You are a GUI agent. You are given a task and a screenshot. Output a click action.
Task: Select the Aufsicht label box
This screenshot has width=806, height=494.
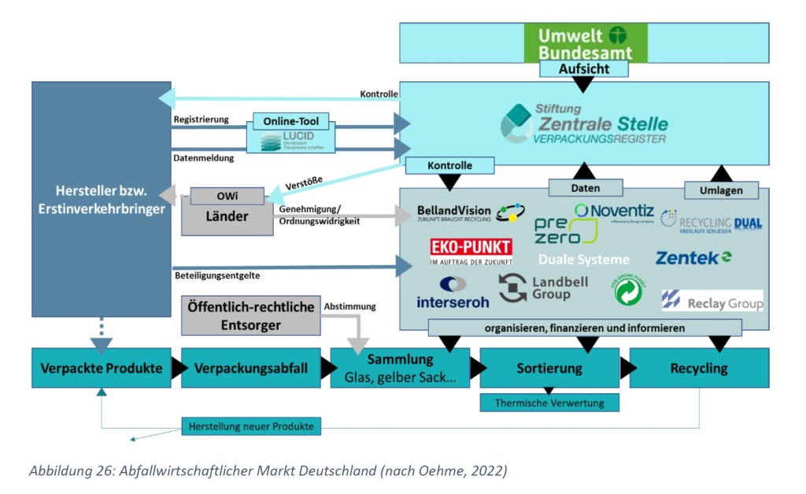point(584,69)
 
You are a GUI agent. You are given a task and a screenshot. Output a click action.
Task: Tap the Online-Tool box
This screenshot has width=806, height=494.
point(291,123)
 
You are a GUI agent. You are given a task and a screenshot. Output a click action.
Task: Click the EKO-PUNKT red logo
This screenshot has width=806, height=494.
point(471,251)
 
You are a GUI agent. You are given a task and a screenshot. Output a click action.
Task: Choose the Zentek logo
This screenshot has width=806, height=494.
point(693,257)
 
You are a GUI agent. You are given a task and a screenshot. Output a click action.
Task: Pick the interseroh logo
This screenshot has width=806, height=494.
point(453,292)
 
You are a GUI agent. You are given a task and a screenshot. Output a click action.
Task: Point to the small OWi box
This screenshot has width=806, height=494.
point(227,196)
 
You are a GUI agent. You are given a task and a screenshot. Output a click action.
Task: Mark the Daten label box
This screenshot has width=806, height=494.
point(585,188)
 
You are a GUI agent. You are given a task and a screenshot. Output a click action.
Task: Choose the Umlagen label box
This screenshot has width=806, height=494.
point(721,190)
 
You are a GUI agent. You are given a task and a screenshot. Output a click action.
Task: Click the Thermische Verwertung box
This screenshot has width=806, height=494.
point(549,403)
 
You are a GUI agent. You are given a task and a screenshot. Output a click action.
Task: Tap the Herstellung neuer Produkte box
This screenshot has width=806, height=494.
point(251,426)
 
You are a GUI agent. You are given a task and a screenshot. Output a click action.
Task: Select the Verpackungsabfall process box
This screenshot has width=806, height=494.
point(251,368)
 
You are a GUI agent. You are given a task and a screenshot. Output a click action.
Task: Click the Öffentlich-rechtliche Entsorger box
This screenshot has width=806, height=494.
point(250,315)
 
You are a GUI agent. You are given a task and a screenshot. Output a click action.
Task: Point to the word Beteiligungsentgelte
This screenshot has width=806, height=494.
point(216,275)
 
